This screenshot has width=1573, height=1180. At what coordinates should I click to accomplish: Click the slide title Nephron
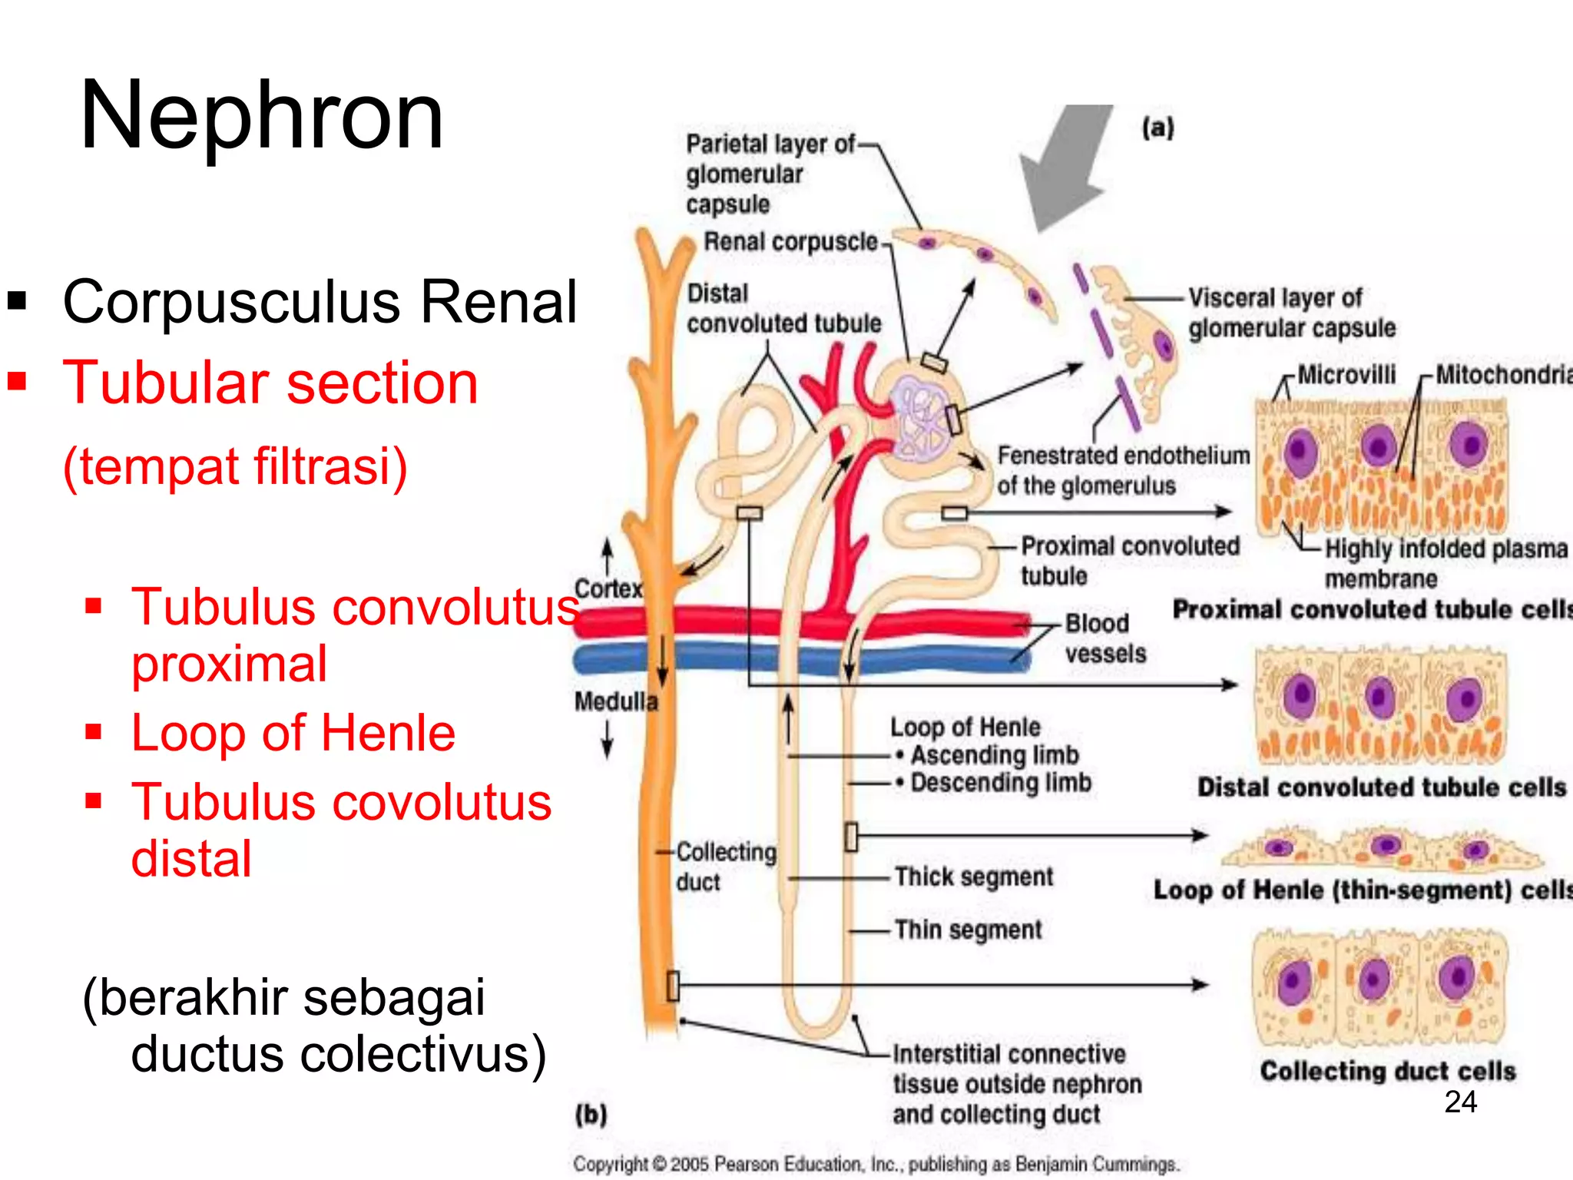[262, 116]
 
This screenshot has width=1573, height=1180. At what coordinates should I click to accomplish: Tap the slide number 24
[1460, 1102]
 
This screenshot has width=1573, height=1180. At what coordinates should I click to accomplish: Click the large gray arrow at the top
[1064, 165]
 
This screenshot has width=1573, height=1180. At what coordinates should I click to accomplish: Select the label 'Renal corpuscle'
[790, 241]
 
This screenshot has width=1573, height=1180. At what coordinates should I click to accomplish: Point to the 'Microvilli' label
[1346, 375]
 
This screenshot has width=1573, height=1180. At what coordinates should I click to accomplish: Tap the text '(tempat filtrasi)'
[235, 466]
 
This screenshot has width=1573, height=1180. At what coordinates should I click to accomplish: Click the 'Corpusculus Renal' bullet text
[320, 301]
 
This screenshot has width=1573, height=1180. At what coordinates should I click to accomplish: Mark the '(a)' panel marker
[1157, 128]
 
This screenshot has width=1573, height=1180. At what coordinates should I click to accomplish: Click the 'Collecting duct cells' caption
[1388, 1071]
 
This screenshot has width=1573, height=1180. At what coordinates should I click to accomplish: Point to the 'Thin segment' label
[969, 930]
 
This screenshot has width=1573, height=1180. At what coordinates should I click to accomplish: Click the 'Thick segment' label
[974, 877]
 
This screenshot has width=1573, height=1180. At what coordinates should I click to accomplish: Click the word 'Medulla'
[616, 701]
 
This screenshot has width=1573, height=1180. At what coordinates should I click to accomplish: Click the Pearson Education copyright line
[876, 1165]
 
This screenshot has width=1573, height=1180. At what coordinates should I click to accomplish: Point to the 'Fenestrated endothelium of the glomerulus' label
[1124, 470]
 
